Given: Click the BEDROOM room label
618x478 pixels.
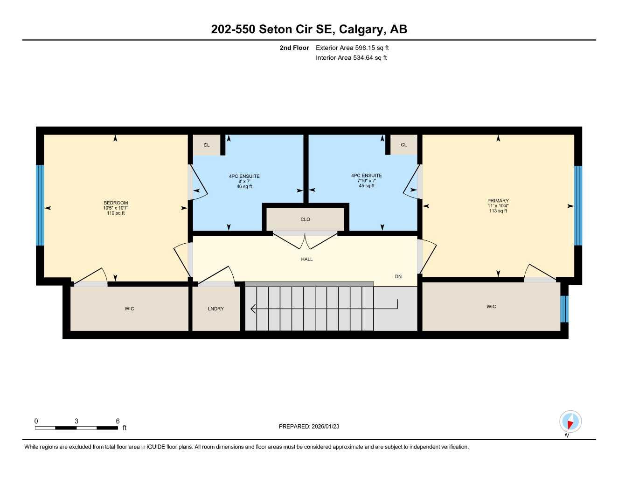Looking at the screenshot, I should click(x=116, y=203).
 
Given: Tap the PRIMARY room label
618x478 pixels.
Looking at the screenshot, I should click(x=498, y=201).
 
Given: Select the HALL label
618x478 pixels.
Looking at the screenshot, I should click(x=306, y=259).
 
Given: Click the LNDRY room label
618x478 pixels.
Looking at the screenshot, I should click(x=215, y=309).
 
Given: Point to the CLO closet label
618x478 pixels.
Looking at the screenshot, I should click(x=305, y=219).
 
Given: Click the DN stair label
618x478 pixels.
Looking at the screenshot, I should click(x=398, y=276).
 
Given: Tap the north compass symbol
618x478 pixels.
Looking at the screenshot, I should click(x=570, y=422).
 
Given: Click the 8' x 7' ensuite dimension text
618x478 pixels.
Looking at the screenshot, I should click(x=244, y=182).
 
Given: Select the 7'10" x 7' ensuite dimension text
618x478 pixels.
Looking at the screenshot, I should click(x=367, y=181).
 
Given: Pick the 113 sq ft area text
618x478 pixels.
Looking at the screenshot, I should click(x=498, y=211).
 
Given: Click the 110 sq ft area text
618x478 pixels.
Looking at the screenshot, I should click(x=116, y=213).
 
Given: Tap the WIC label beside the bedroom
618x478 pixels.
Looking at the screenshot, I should click(x=129, y=309).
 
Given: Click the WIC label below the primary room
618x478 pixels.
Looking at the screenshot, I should click(x=491, y=307).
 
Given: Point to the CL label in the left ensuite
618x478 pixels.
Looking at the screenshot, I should click(x=207, y=145).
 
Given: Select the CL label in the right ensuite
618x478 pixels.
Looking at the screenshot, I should click(x=403, y=145).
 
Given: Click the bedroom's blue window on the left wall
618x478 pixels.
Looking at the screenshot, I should click(x=40, y=205).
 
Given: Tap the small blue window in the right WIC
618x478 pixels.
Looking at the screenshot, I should click(x=564, y=309).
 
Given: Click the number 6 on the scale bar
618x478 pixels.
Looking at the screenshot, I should click(x=118, y=421).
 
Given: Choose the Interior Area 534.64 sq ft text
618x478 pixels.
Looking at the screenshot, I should click(x=351, y=58).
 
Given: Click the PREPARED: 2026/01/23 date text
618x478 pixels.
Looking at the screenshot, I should click(x=309, y=426).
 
